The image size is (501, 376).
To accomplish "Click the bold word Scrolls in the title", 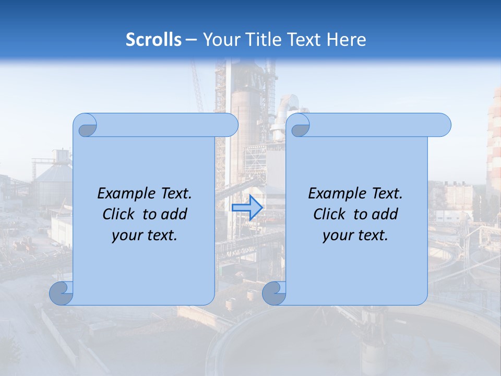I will click(153, 40).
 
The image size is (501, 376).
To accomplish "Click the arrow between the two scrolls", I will click(247, 207).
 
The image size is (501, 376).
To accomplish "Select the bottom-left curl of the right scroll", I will click(275, 293).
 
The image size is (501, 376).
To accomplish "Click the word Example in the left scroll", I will click(122, 194).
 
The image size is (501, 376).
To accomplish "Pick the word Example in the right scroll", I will click(333, 194).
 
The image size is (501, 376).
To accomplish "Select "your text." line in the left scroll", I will click(145, 236).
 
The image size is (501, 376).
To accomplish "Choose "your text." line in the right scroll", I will click(355, 236).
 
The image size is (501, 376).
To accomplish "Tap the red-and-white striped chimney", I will click(494, 141).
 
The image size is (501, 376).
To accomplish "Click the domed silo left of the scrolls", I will click(52, 180).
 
